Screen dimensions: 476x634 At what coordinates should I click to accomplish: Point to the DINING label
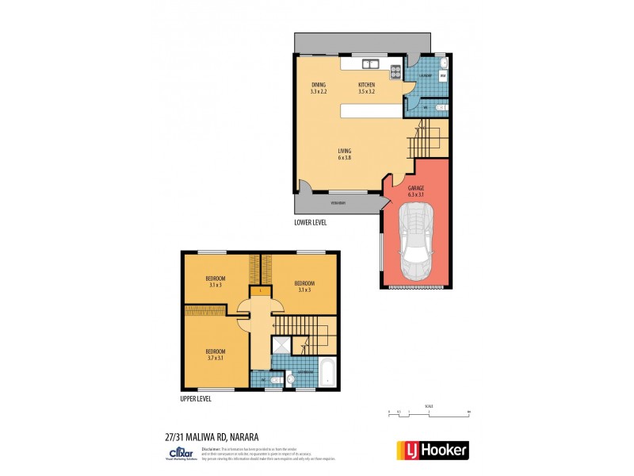(319, 87)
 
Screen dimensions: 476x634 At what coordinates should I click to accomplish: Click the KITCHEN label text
(366, 87)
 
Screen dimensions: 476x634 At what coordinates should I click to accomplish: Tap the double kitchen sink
(369, 64)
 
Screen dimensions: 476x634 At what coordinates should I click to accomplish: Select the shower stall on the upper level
(281, 344)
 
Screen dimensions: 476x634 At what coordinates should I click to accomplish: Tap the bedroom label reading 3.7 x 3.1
(216, 355)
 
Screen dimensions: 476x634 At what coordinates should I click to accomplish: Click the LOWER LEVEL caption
(310, 223)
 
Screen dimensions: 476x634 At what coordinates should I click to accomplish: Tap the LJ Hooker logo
(432, 450)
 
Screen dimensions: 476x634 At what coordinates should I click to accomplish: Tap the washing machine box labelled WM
(443, 77)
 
